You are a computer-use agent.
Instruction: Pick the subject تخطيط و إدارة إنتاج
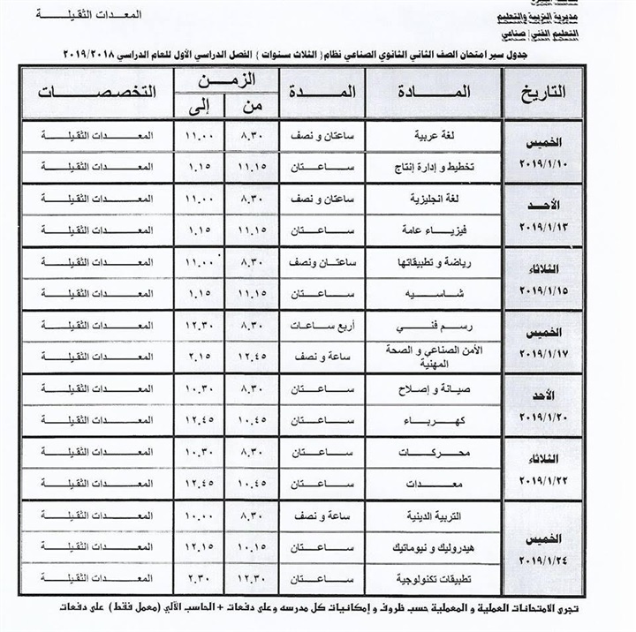(424, 167)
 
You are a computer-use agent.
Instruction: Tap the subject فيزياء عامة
(428, 229)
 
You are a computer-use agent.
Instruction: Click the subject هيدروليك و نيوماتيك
(424, 546)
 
